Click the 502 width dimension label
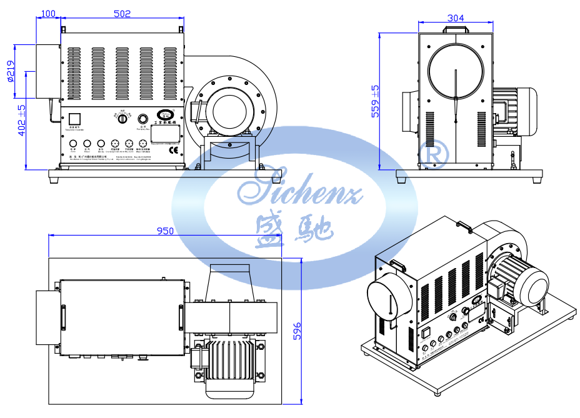[x=122, y=13]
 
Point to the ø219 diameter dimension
[x=11, y=71]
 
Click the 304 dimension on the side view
[x=456, y=18]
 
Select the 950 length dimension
[x=165, y=231]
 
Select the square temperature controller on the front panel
[x=75, y=119]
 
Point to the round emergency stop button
[x=143, y=118]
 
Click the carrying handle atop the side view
[x=456, y=28]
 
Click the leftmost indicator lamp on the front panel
[x=73, y=143]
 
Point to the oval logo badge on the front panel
[x=166, y=114]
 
